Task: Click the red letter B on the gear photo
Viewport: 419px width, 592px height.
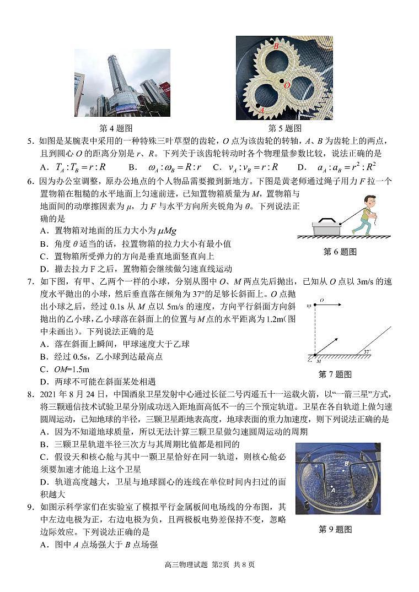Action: [276, 47]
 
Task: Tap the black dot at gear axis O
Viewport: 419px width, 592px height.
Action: [281, 81]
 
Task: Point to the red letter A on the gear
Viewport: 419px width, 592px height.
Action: [262, 110]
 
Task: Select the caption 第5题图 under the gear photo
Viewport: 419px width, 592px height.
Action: [284, 128]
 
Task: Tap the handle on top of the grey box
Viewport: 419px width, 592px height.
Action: [326, 219]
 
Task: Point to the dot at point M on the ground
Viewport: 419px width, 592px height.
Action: [315, 355]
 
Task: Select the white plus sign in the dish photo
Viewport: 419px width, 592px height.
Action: [316, 466]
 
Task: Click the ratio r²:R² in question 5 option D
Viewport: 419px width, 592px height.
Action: [361, 166]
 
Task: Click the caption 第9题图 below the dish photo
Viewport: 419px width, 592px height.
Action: [335, 529]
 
